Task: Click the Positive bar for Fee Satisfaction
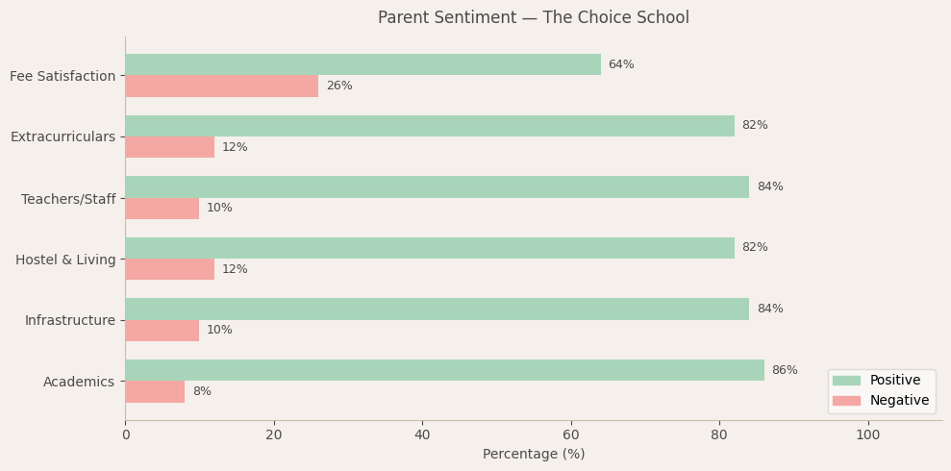[x=363, y=64]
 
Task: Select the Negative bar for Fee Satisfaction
[x=221, y=87]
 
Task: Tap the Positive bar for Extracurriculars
[x=429, y=126]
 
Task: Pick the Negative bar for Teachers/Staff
[x=162, y=209]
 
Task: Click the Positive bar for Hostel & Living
[x=429, y=248]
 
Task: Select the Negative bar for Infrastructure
[x=162, y=331]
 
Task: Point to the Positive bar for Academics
[x=444, y=370]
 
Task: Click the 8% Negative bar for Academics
[x=155, y=392]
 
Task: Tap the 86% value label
[x=784, y=370]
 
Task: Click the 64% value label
[x=620, y=64]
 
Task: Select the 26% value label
[x=338, y=87]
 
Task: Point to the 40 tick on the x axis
[x=422, y=435]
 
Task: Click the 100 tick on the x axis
[x=867, y=435]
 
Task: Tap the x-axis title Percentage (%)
[x=533, y=455]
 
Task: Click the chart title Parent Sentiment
[x=533, y=18]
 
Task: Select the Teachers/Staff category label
[x=67, y=199]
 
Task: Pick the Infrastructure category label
[x=69, y=321]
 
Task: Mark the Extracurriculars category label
[x=63, y=137]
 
